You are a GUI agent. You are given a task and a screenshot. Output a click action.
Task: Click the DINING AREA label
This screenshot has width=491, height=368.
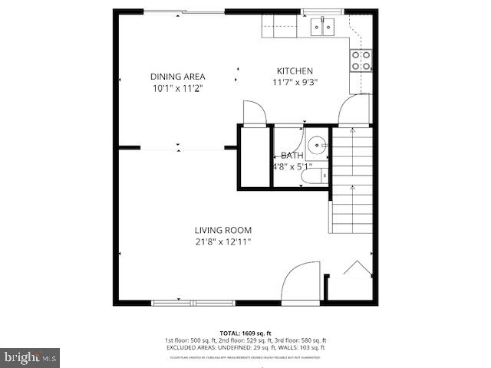click(176, 76)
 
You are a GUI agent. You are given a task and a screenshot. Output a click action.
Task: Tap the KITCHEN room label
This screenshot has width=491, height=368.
click(295, 71)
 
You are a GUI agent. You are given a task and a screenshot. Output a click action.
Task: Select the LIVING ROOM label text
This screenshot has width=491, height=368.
click(222, 230)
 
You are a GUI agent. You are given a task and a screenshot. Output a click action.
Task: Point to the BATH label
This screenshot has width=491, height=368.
click(292, 156)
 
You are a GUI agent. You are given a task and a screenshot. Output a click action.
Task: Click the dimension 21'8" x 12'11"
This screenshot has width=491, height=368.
click(222, 242)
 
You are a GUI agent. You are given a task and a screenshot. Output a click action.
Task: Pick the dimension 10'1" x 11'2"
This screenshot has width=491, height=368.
click(176, 88)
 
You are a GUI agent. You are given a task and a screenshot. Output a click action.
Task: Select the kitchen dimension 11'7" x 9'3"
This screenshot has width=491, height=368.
click(295, 83)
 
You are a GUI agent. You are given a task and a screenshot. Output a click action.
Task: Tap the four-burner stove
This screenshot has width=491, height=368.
click(361, 60)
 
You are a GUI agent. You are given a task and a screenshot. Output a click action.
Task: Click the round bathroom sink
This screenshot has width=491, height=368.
click(317, 146)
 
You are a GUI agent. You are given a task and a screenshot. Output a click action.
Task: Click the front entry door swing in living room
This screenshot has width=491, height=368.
click(301, 282)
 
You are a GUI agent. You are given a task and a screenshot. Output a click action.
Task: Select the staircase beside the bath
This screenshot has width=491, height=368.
click(351, 180)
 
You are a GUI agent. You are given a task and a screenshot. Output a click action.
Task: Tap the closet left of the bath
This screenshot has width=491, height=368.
click(254, 157)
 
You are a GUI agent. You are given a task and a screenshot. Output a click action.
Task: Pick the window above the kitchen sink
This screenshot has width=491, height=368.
click(322, 11)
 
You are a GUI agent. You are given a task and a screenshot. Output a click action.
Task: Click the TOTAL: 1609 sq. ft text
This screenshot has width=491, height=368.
click(245, 333)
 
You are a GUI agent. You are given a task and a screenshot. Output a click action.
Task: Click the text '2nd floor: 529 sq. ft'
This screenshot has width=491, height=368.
click(244, 340)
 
